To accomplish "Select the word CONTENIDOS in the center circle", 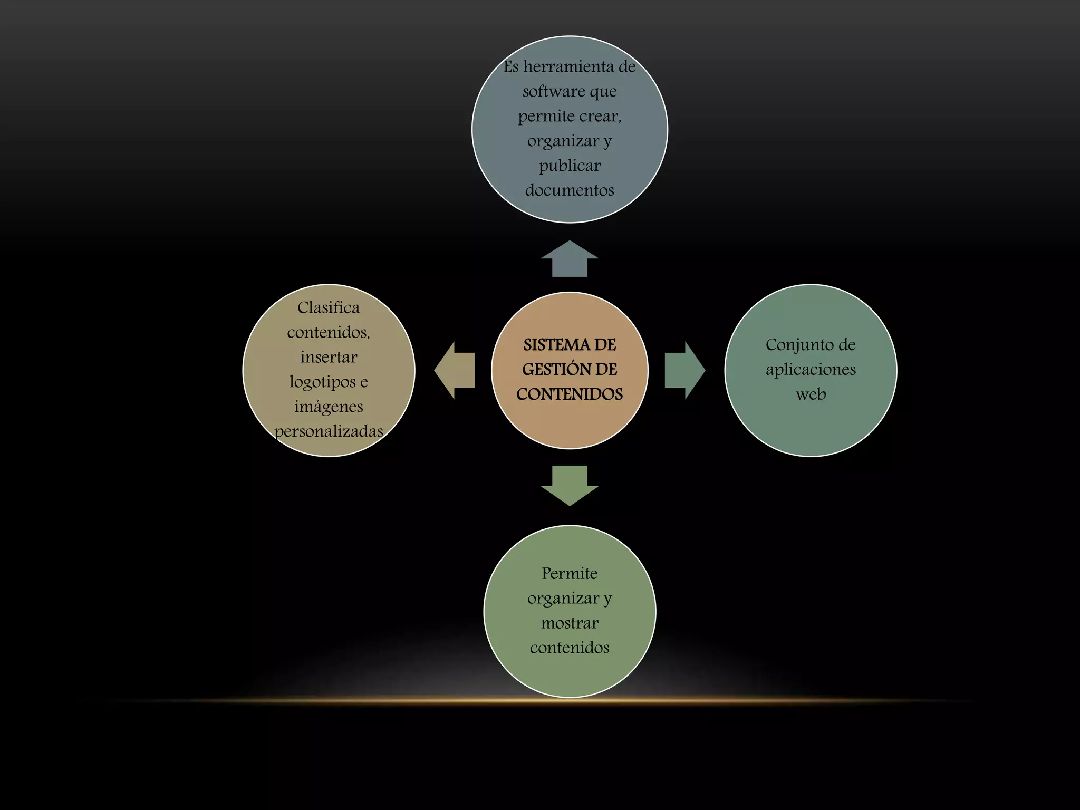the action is pos(570,394).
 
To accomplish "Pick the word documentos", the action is pos(570,190).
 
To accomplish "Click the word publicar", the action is pos(570,166).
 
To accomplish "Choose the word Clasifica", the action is pos(329,307).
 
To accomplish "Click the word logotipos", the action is pos(322,382).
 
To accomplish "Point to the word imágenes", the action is pos(329,407).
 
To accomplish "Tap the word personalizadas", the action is pos(329,431).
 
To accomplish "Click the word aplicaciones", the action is pos(811,370).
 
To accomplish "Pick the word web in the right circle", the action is pos(811,394).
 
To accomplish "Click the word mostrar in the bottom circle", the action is pos(570,623).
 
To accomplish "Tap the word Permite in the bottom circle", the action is pos(570,573).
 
